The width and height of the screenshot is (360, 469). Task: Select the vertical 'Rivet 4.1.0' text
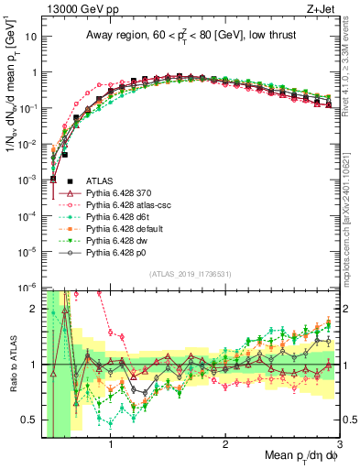352,64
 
